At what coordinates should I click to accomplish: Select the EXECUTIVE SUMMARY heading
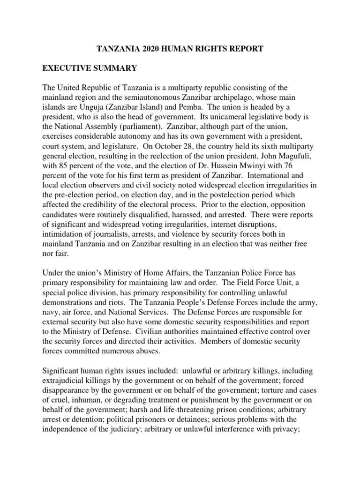pyautogui.click(x=90, y=68)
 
